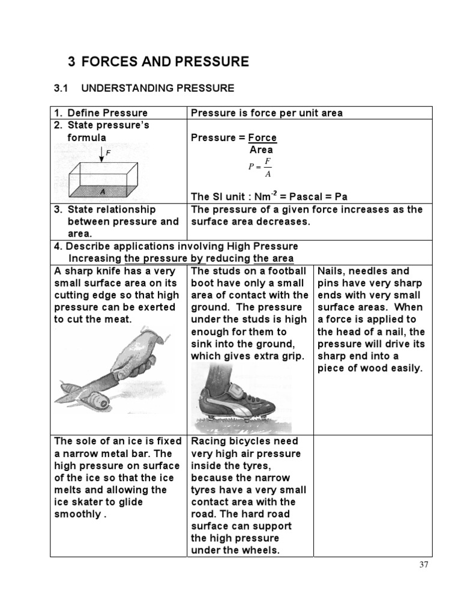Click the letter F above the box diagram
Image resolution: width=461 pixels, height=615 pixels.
pyautogui.click(x=108, y=153)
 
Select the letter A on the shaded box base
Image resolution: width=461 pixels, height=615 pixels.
pyautogui.click(x=103, y=192)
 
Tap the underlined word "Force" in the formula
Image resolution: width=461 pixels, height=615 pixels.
pyautogui.click(x=262, y=138)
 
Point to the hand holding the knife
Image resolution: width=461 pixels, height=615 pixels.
pyautogui.click(x=135, y=354)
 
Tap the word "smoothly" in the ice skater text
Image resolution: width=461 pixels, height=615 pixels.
pyautogui.click(x=78, y=514)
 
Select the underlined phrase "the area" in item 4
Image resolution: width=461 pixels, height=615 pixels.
pyautogui.click(x=273, y=258)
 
